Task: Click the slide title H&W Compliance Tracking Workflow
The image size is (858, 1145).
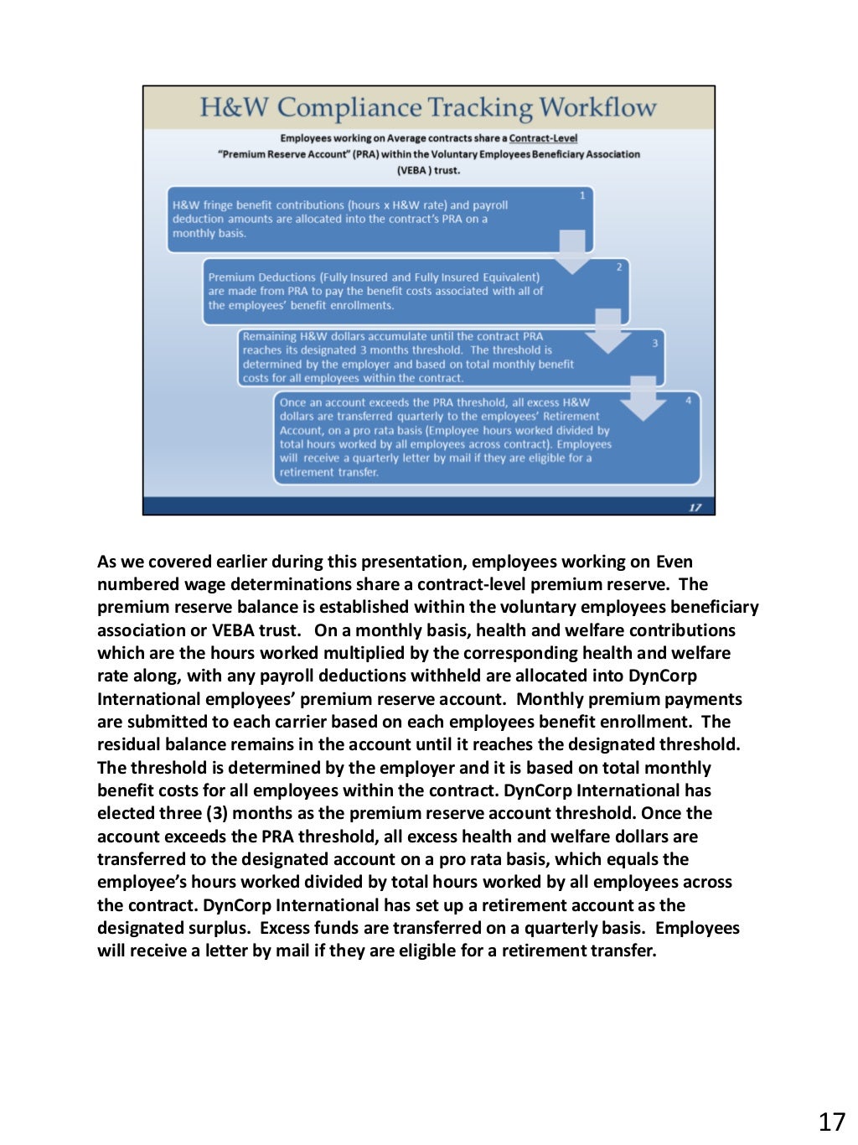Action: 427,107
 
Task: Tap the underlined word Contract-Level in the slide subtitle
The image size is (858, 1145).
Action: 543,138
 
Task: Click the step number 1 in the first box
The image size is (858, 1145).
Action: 582,195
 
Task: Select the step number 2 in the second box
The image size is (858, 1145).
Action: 619,267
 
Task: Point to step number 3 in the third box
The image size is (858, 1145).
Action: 655,343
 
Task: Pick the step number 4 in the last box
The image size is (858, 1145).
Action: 689,401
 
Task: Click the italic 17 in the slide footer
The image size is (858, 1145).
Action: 695,507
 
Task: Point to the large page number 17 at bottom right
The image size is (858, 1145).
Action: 831,1122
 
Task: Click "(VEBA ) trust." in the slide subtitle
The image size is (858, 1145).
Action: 428,170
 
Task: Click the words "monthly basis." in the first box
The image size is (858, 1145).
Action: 209,233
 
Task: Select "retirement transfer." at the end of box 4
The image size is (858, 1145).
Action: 329,472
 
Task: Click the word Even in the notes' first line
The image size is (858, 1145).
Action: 674,562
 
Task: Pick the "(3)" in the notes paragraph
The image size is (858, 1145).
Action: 216,813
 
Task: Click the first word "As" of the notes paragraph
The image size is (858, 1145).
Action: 107,562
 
